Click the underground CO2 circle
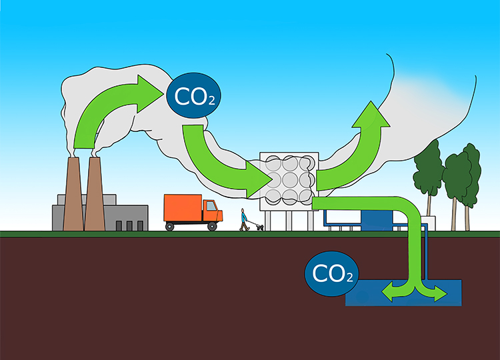(329, 273)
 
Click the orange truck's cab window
(211, 207)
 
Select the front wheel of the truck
(212, 226)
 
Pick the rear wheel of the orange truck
(170, 226)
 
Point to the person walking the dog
(244, 219)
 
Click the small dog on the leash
(259, 227)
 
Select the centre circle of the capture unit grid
(290, 180)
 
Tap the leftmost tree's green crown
(427, 170)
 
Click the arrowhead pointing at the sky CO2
(152, 89)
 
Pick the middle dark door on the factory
(128, 225)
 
